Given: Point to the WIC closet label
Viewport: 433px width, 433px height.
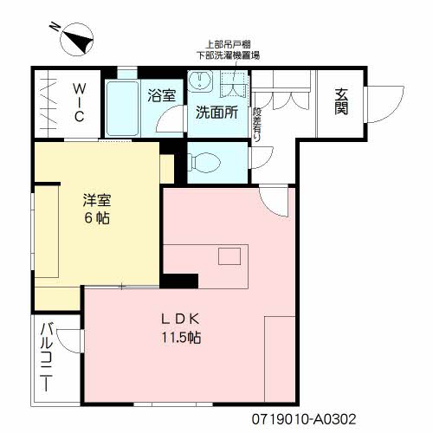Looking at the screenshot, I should point(77,103).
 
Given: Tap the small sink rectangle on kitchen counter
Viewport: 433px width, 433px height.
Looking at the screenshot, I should point(229,256).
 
